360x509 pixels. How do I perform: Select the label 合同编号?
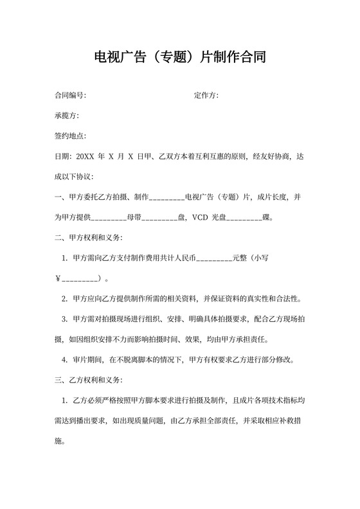tap(70, 96)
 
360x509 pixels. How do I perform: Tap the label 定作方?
tap(206, 96)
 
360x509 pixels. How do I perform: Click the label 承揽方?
tap(66, 116)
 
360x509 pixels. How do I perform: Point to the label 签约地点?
tap(70, 136)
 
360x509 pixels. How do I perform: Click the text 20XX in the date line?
tap(85, 156)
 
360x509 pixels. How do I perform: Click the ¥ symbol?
tap(58, 279)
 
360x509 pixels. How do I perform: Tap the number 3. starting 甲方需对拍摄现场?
tap(65, 319)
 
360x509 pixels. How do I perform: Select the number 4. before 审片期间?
tap(65, 360)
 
